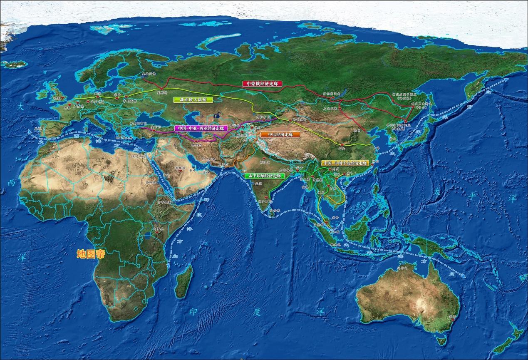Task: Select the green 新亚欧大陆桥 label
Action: tap(193, 100)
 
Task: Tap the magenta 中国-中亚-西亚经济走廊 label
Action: tap(198, 129)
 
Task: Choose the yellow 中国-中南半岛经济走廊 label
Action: tap(345, 163)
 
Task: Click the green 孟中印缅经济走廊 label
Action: tap(264, 176)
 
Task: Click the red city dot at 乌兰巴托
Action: tap(340, 108)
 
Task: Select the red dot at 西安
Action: tap(342, 145)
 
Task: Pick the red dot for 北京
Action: tap(364, 130)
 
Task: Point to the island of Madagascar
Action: tap(184, 281)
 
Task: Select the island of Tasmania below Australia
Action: tap(441, 341)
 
